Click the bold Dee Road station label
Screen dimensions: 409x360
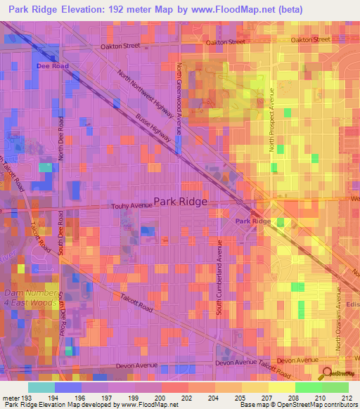click(x=53, y=65)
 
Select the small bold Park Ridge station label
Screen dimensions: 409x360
click(x=252, y=221)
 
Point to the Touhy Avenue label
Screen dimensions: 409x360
click(x=133, y=206)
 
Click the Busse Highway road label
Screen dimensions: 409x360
click(x=153, y=127)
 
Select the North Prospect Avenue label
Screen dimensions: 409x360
click(x=271, y=119)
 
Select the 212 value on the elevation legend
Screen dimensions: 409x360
click(x=347, y=397)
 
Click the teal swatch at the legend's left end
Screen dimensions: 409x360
click(x=41, y=387)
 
